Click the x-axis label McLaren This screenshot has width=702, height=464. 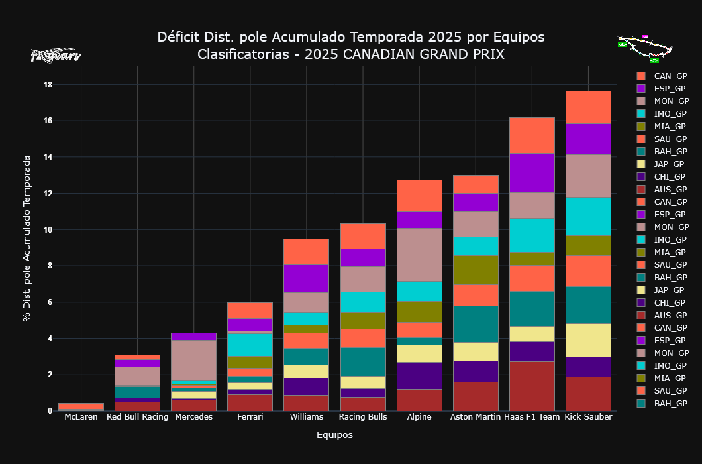click(81, 417)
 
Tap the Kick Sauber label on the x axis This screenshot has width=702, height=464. click(588, 417)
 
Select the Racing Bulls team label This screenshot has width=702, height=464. click(363, 417)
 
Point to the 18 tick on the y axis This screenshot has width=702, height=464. click(48, 85)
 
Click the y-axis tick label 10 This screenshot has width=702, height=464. click(48, 230)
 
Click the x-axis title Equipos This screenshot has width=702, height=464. click(334, 435)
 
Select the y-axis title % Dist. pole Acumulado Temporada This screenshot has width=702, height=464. click(27, 239)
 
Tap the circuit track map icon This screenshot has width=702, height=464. click(644, 48)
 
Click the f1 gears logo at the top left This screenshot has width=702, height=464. click(56, 56)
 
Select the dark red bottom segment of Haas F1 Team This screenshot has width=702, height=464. click(532, 386)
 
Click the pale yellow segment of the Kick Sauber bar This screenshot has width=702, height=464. click(588, 340)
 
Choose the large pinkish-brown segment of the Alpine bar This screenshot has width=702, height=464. click(419, 255)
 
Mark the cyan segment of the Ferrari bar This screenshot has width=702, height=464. click(250, 345)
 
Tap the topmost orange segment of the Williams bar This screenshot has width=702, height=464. click(307, 252)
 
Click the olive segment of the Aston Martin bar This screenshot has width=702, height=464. click(476, 270)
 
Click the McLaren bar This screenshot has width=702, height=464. click(81, 406)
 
